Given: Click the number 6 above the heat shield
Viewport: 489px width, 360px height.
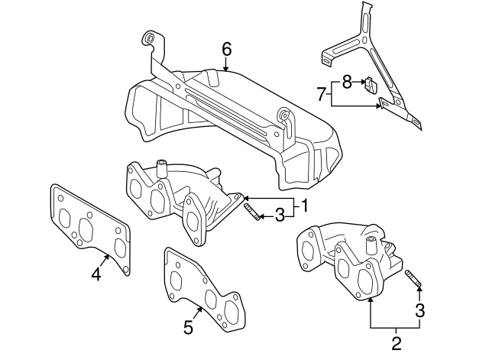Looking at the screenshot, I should click(226, 49).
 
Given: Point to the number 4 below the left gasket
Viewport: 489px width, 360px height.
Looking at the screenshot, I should click(96, 273).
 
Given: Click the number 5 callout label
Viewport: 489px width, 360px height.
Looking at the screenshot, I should click(187, 327).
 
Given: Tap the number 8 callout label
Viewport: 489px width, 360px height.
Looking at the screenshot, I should click(345, 80).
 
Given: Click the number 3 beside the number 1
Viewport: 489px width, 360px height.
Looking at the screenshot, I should click(280, 216).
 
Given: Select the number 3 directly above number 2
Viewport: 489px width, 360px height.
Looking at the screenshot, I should click(419, 310).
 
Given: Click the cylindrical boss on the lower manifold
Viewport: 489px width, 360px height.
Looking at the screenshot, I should click(371, 245).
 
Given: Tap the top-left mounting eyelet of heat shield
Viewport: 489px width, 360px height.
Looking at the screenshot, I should click(149, 39).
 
